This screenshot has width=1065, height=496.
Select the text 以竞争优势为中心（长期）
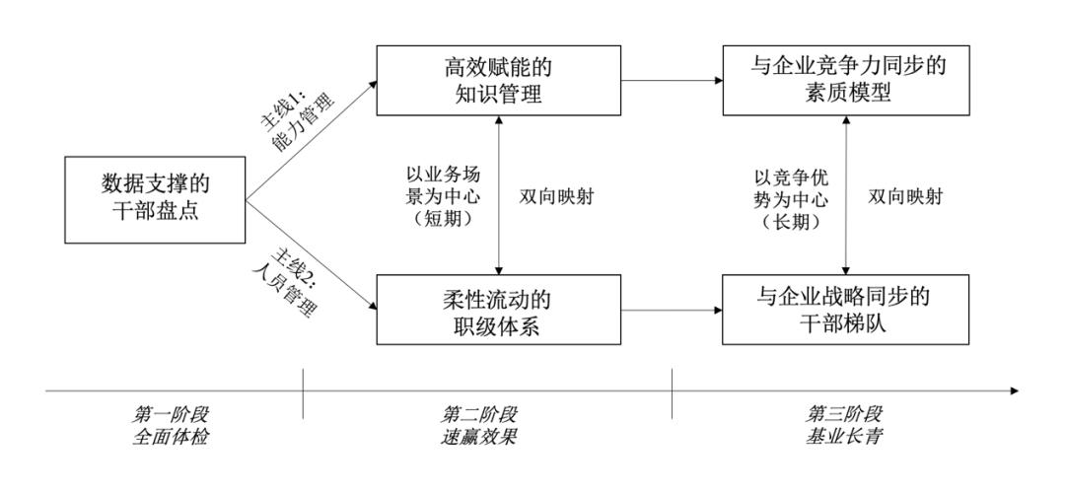pyautogui.click(x=790, y=195)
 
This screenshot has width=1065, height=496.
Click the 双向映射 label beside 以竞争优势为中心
pyautogui.click(x=904, y=195)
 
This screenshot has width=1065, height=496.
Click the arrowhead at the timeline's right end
pyautogui.click(x=1016, y=391)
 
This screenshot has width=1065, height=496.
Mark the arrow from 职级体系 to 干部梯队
pyautogui.click(x=674, y=310)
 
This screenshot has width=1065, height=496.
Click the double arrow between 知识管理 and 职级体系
pyautogui.click(x=502, y=195)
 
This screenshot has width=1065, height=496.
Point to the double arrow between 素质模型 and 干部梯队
pyautogui.click(x=846, y=195)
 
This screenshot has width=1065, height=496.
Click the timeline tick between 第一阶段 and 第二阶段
pyautogui.click(x=304, y=391)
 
